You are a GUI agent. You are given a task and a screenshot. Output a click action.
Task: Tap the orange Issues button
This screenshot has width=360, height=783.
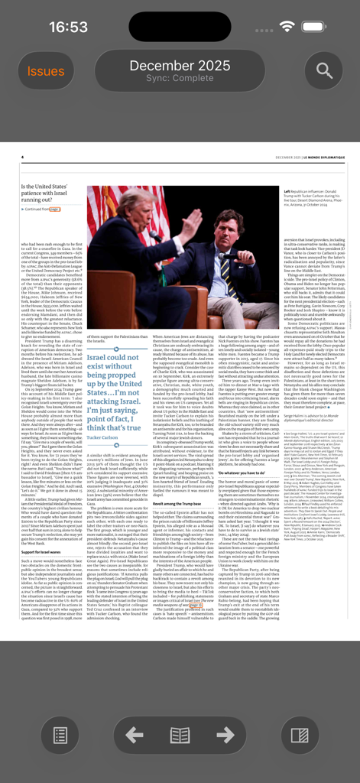(x=46, y=71)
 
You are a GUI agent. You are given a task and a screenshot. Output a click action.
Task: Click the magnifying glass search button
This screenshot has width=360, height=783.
(x=324, y=71)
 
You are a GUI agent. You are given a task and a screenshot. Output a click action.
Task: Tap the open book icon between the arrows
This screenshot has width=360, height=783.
(x=180, y=736)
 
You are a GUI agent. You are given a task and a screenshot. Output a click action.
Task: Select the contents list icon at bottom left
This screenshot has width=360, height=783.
(x=60, y=736)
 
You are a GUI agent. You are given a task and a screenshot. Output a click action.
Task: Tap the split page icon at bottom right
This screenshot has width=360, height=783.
(x=299, y=736)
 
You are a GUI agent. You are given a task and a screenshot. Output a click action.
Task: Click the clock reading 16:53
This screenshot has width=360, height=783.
(x=69, y=27)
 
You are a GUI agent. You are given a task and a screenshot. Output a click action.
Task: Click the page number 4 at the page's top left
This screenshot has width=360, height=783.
(x=22, y=158)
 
